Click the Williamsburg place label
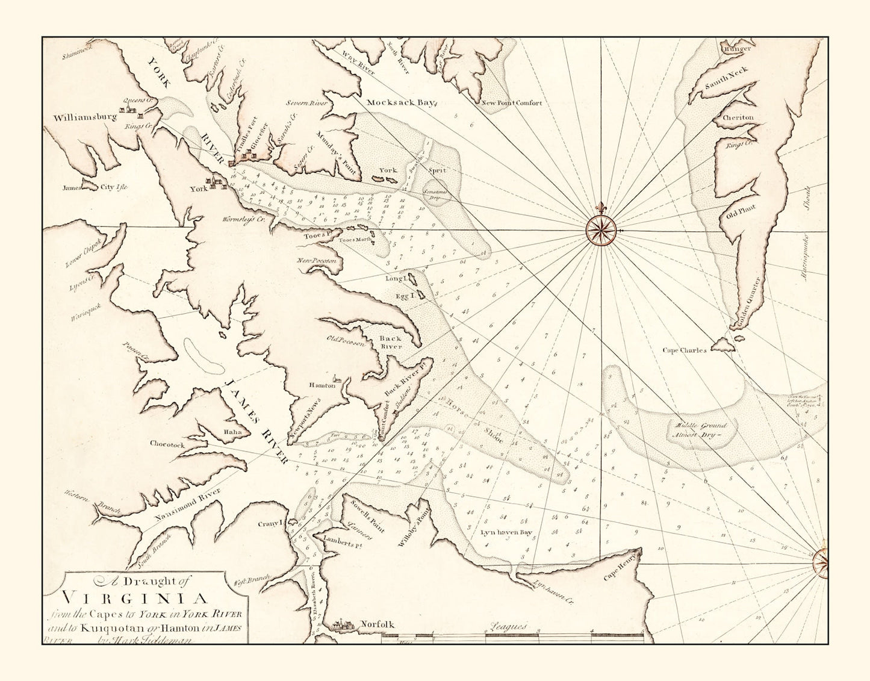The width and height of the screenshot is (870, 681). point(84,117)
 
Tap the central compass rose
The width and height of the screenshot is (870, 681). point(602,230)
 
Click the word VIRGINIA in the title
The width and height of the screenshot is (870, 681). point(135,599)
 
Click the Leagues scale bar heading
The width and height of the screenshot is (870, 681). point(508,627)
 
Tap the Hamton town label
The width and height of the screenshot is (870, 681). point(322,385)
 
